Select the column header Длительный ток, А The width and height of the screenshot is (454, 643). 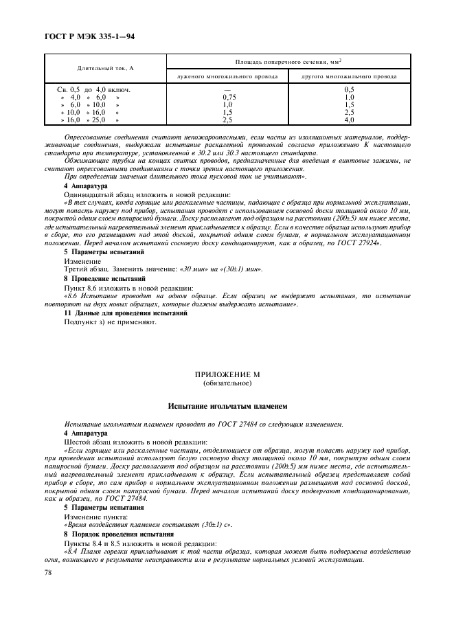coord(105,69)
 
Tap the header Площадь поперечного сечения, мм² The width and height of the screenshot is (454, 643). coord(288,62)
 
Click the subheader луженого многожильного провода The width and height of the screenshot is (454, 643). coord(227,76)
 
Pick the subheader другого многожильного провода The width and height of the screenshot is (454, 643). coord(349,76)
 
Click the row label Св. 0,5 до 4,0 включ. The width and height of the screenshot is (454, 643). coord(93,89)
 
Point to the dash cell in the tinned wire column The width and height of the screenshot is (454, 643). coord(227,89)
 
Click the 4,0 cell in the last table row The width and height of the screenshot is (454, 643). coord(349,120)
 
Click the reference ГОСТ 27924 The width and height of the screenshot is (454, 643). coord(359,244)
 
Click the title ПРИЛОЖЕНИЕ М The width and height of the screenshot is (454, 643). coord(227,375)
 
